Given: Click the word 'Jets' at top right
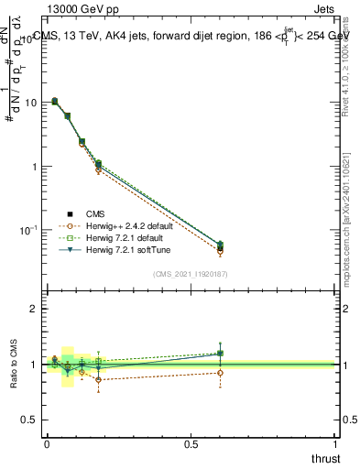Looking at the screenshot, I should (322, 10).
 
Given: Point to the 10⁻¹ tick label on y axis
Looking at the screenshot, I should (29, 229).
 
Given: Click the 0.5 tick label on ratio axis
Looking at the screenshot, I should (31, 420).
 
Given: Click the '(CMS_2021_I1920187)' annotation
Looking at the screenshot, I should (190, 273).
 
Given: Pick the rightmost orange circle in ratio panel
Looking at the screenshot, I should (220, 373).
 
